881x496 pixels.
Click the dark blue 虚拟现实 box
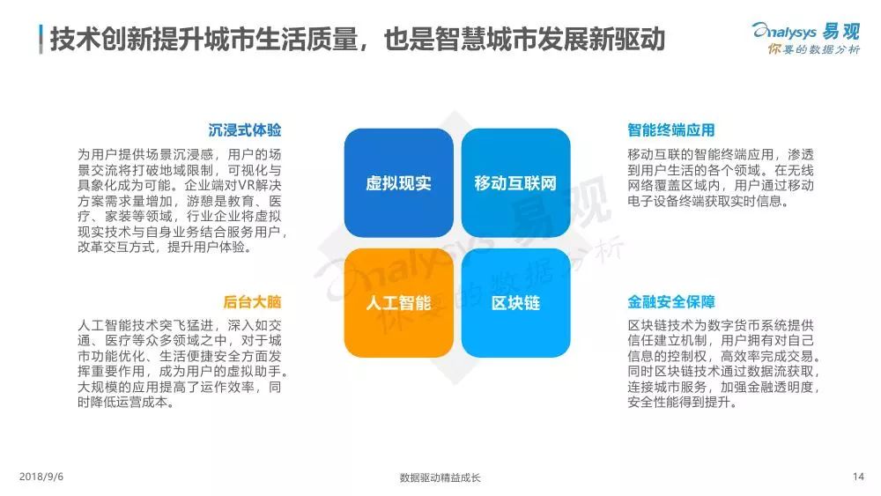pyautogui.click(x=399, y=182)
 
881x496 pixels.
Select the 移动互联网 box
pyautogui.click(x=515, y=182)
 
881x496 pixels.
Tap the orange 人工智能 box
pyautogui.click(x=399, y=303)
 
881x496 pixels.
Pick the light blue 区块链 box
pyautogui.click(x=515, y=303)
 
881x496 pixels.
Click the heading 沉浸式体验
pyautogui.click(x=244, y=130)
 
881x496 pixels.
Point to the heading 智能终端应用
pyautogui.click(x=670, y=130)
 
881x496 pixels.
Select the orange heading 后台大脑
pyautogui.click(x=252, y=301)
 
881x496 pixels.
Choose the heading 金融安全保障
pyautogui.click(x=670, y=301)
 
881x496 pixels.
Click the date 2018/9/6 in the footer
pyautogui.click(x=41, y=477)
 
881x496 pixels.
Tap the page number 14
pyautogui.click(x=858, y=477)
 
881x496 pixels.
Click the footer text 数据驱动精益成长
pyautogui.click(x=440, y=478)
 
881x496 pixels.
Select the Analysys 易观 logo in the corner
pyautogui.click(x=806, y=31)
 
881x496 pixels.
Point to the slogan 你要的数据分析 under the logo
pyautogui.click(x=813, y=49)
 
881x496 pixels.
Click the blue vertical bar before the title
pyautogui.click(x=41, y=40)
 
